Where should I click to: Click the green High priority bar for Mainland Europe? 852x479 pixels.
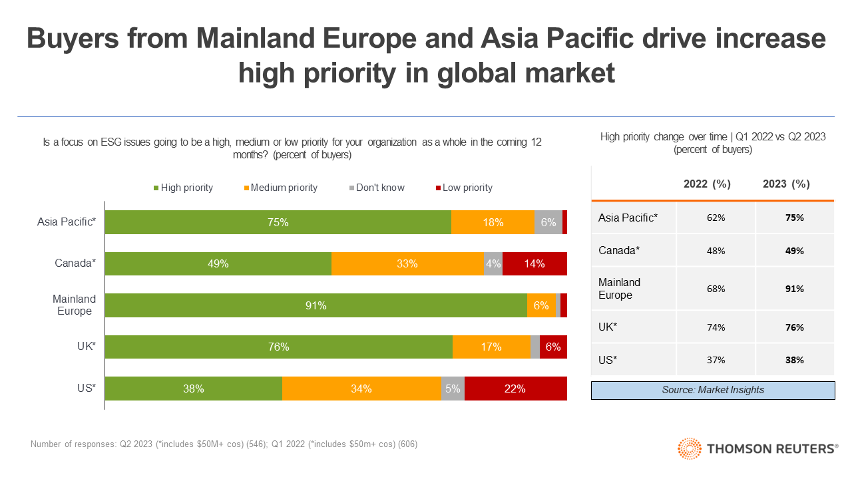[x=316, y=305]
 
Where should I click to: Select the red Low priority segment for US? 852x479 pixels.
[x=515, y=389]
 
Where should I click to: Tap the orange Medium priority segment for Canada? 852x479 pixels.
[x=407, y=263]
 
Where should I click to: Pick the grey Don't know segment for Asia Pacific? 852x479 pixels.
[x=548, y=222]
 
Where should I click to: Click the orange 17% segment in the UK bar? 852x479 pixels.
[x=492, y=347]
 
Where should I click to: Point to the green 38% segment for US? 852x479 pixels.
[x=193, y=389]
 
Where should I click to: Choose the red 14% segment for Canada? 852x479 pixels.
[x=534, y=263]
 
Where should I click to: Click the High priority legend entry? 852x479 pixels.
[x=182, y=188]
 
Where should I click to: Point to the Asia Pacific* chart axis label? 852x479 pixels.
[x=67, y=222]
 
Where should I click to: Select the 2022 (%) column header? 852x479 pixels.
[x=707, y=184]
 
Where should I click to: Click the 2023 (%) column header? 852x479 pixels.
[x=786, y=184]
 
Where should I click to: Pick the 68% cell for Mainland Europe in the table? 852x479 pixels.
[x=716, y=289]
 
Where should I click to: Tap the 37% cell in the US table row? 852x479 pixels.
[x=716, y=360]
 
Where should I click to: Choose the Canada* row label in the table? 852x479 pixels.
[x=619, y=250]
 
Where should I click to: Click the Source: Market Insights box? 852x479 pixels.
[x=713, y=390]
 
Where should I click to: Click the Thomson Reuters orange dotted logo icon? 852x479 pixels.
[x=689, y=449]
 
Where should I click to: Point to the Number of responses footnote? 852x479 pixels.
[x=224, y=444]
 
